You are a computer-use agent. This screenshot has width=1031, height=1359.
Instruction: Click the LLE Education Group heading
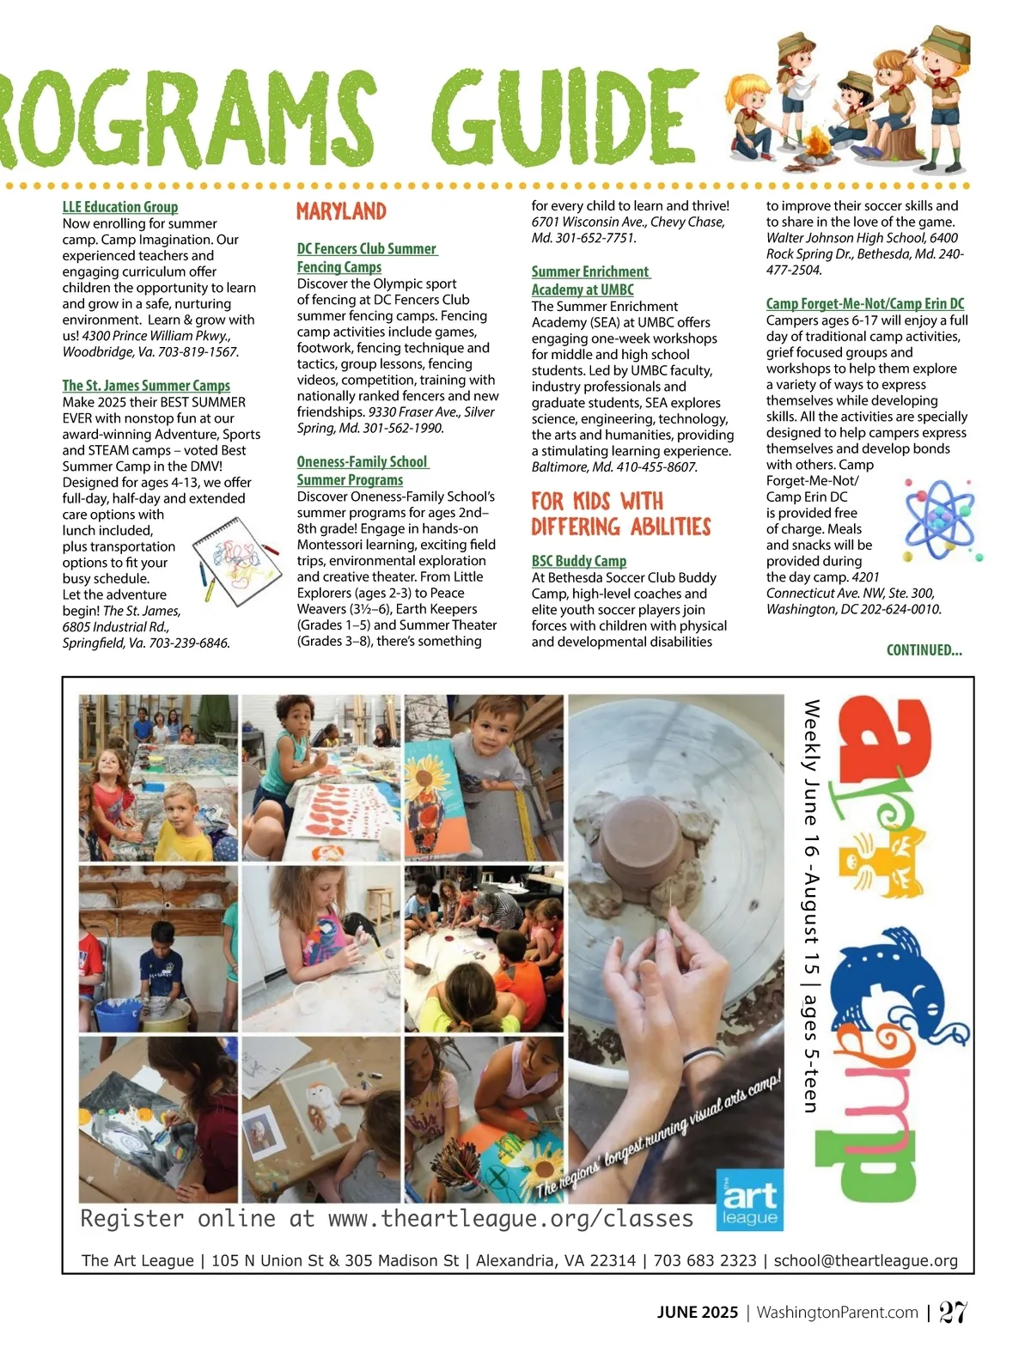[120, 207]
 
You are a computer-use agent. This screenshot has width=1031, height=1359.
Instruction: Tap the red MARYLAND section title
[341, 211]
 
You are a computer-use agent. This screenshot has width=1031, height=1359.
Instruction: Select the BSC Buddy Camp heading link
[578, 561]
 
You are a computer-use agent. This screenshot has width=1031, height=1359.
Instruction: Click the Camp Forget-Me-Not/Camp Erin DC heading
[864, 304]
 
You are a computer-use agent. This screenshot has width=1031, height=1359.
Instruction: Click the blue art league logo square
[750, 1199]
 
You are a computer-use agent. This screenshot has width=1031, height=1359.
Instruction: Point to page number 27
[953, 1313]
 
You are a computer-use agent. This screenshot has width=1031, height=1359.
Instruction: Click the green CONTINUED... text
[924, 650]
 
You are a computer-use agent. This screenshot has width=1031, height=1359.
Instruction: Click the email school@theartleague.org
[865, 1260]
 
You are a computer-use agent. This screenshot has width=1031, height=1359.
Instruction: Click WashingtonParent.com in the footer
[837, 1313]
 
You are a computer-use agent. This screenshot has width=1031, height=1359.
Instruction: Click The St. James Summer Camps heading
[146, 387]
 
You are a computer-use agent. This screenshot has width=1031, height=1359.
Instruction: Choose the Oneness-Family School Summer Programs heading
[362, 471]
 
